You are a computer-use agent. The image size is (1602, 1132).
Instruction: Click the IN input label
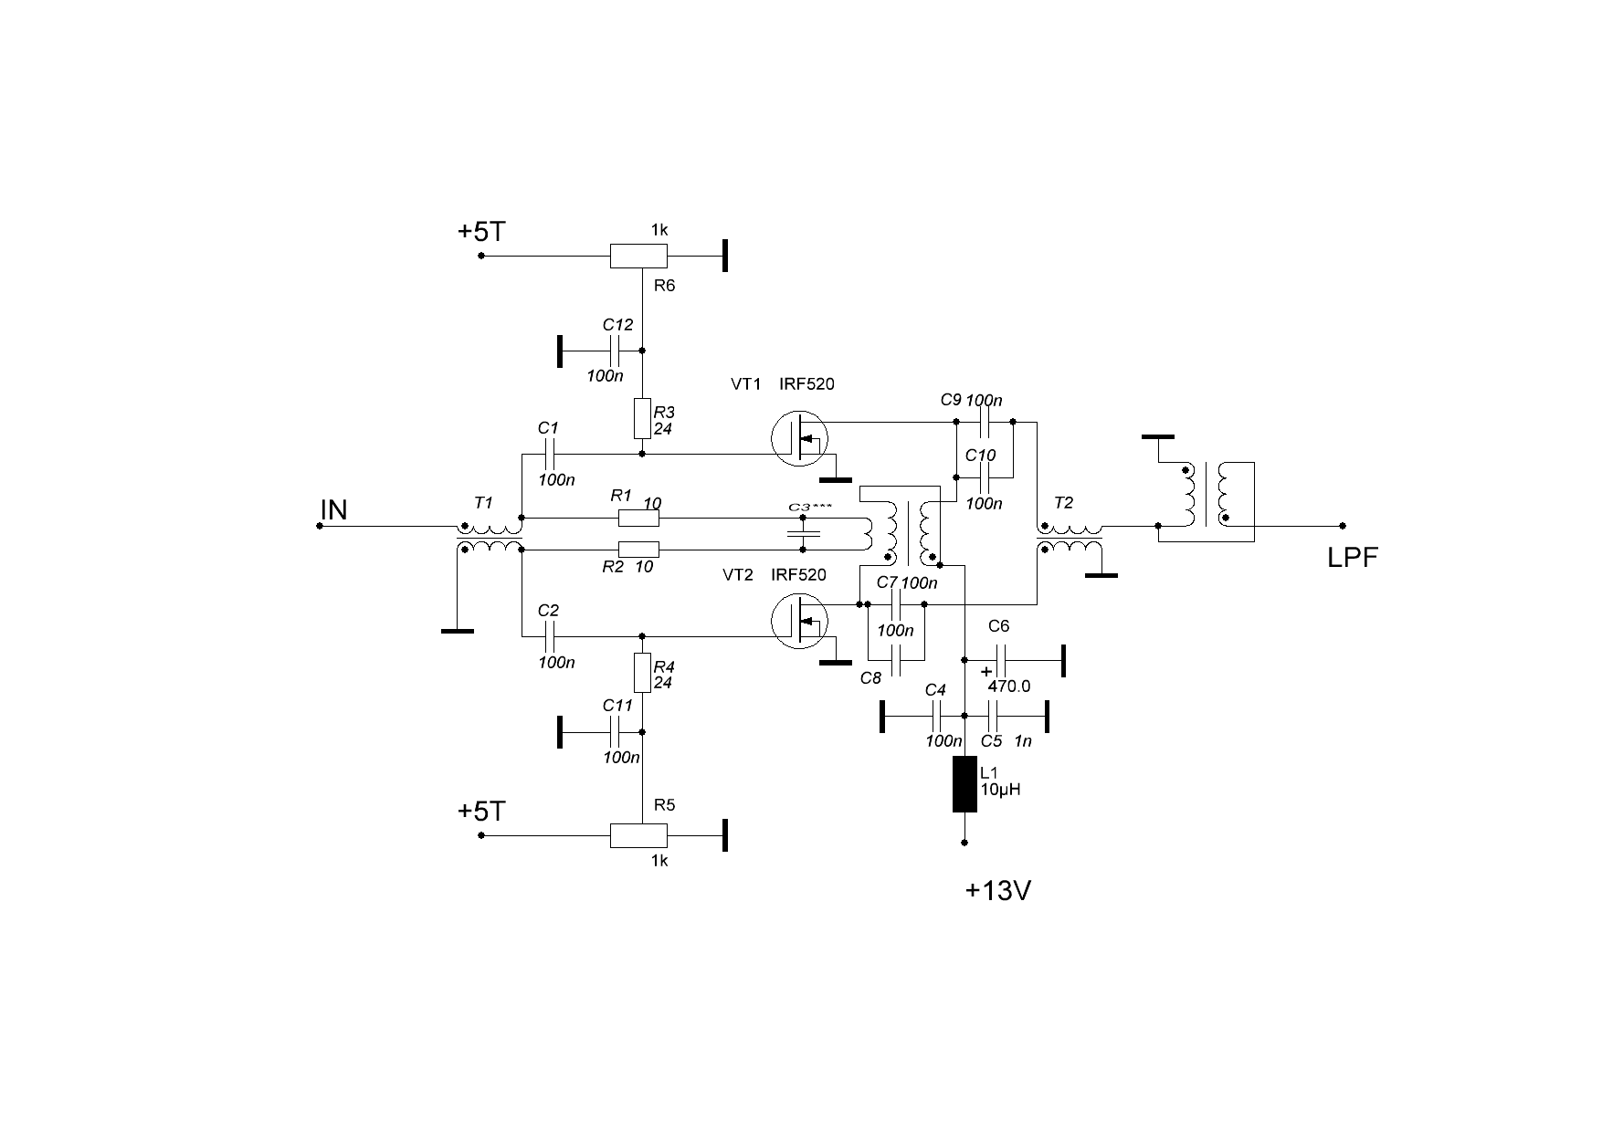(x=333, y=509)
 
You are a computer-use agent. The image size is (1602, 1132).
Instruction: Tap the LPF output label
(x=1352, y=559)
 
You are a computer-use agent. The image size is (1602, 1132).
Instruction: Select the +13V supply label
(x=998, y=891)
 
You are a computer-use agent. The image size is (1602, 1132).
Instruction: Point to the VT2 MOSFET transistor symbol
(x=800, y=620)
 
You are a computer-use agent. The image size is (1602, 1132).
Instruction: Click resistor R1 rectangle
(x=638, y=519)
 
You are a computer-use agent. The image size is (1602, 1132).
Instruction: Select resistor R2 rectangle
(x=638, y=550)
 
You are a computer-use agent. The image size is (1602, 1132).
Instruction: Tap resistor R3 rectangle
(x=642, y=418)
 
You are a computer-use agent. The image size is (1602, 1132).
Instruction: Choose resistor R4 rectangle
(x=642, y=674)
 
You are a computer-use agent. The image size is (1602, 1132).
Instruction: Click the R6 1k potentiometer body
(x=638, y=257)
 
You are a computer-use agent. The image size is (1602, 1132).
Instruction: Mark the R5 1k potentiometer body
(x=638, y=835)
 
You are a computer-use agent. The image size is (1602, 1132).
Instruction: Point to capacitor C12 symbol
(x=617, y=351)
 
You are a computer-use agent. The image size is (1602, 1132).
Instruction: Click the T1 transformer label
(x=483, y=503)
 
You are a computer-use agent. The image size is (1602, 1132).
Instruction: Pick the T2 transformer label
(x=1063, y=503)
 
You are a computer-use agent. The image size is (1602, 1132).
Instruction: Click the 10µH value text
(x=1000, y=791)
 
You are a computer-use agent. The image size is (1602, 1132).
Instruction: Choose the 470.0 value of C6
(x=1008, y=687)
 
